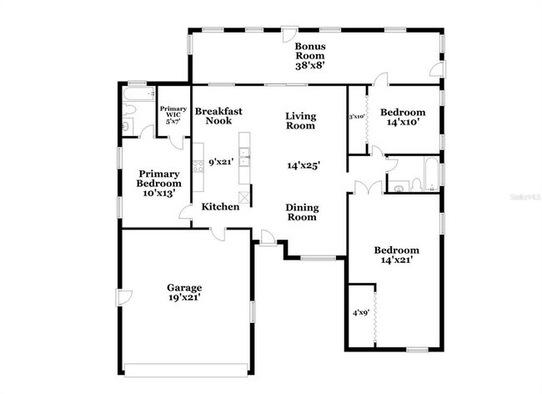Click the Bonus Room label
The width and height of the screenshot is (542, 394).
(309, 51)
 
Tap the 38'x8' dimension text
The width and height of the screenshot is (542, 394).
(309, 65)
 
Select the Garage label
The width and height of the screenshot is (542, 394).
(183, 287)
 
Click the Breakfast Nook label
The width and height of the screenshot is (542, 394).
(218, 115)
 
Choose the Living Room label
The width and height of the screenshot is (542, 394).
(300, 121)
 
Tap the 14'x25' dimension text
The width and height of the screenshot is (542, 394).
(304, 165)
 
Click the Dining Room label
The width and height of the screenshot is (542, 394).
(301, 212)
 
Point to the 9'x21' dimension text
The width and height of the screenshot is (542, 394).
(220, 162)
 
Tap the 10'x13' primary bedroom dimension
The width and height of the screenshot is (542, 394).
(158, 193)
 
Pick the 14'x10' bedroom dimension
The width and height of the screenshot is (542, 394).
(403, 122)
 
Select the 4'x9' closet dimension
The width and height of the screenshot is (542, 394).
(360, 314)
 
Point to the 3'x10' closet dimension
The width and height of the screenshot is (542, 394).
(357, 116)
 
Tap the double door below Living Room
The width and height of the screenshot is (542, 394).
(362, 188)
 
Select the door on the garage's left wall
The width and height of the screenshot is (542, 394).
(123, 297)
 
